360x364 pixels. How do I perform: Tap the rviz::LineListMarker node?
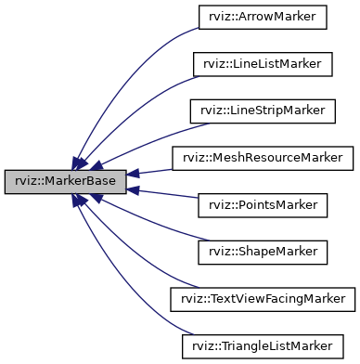point(261,63)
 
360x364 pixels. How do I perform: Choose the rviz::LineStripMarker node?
point(261,110)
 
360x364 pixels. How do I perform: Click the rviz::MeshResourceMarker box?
point(261,157)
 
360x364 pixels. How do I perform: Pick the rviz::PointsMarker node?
point(261,204)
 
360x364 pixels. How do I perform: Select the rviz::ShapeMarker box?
point(261,252)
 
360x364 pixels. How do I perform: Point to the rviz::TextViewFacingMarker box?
point(261,299)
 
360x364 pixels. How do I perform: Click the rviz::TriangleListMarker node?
point(261,345)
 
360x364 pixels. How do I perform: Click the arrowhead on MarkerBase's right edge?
point(133,175)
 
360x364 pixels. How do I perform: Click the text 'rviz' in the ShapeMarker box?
point(219,252)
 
